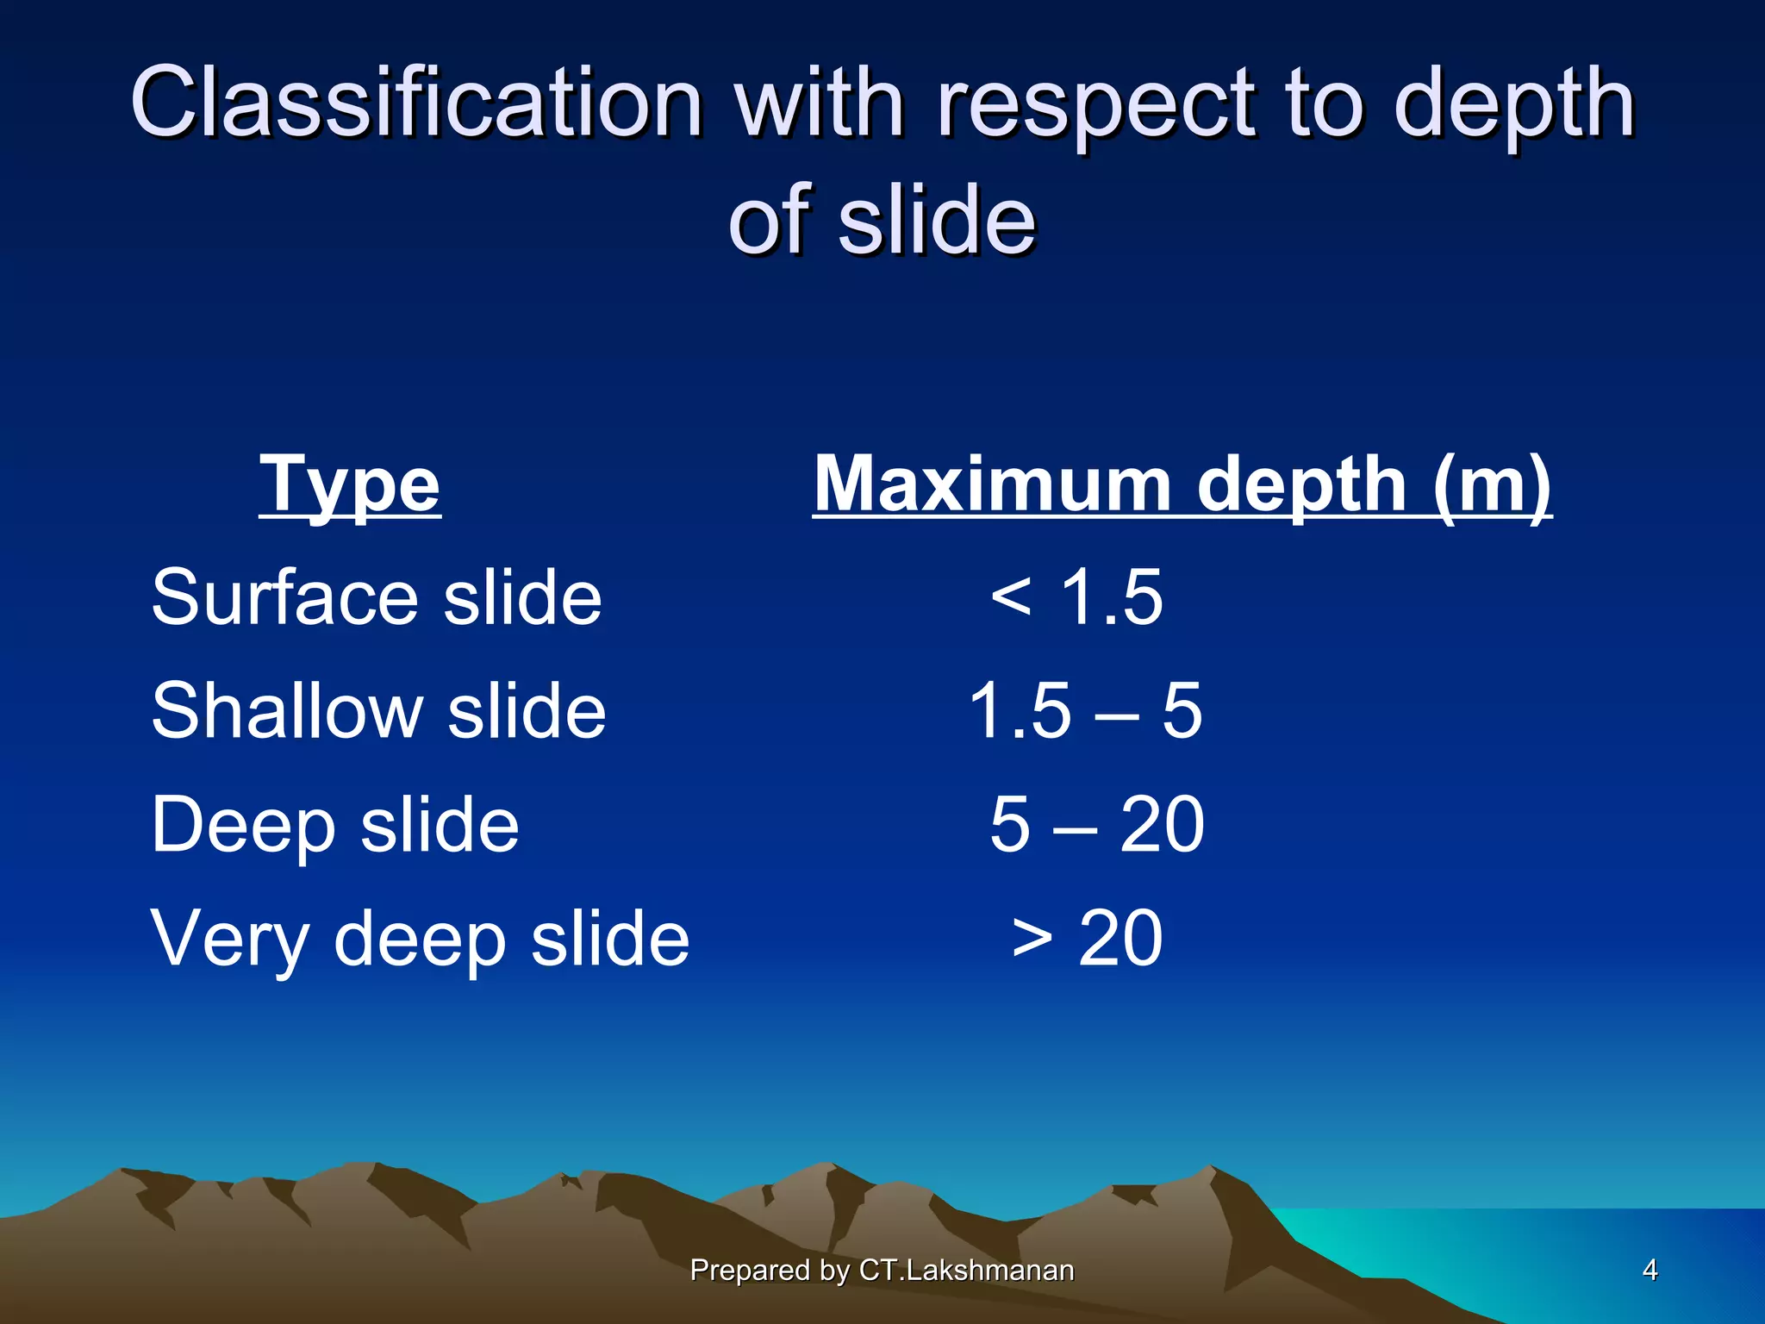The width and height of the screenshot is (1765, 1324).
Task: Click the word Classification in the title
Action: [416, 103]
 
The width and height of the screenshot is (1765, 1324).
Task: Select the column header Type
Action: [350, 485]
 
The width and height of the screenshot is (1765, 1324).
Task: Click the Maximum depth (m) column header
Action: [1182, 485]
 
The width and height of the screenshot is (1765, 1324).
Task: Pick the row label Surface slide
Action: [377, 597]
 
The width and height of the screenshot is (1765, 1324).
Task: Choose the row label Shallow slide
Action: [378, 711]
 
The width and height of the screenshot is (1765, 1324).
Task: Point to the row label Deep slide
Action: [335, 825]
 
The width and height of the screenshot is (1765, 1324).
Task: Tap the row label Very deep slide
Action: [421, 939]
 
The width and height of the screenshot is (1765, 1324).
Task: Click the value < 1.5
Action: [1077, 597]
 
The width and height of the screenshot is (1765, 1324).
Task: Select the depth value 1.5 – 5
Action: [1085, 711]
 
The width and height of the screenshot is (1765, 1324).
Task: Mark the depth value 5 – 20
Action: [1096, 825]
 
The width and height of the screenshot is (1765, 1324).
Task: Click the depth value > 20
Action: [1088, 939]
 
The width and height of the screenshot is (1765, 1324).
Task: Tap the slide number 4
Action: [1650, 1270]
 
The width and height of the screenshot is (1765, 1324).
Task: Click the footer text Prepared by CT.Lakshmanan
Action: [882, 1271]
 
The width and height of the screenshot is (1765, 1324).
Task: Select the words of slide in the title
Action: [882, 221]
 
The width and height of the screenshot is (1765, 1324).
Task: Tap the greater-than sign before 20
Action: [1032, 939]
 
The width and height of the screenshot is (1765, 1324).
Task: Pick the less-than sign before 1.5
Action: [1011, 597]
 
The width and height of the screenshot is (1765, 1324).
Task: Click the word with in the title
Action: [820, 103]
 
